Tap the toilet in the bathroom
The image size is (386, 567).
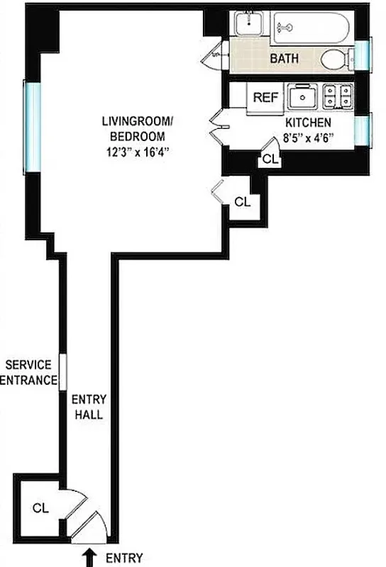(334, 60)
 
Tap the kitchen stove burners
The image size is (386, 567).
(337, 96)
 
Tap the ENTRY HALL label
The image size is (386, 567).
(87, 408)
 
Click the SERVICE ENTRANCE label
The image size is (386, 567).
(31, 372)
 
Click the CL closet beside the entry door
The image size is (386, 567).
(39, 508)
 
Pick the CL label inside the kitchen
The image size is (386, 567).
(270, 159)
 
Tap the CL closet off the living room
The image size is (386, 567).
(242, 201)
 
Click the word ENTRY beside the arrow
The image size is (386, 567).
(124, 558)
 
